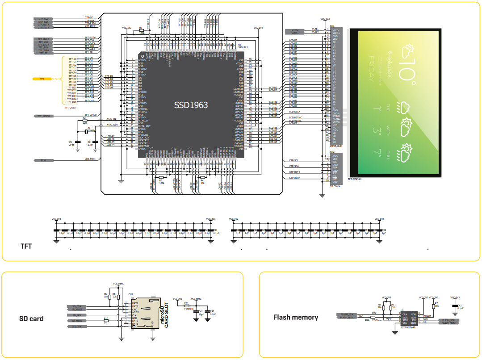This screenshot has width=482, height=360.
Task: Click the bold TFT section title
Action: pyautogui.click(x=26, y=246)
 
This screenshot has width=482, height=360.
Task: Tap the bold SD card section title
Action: pyautogui.click(x=31, y=318)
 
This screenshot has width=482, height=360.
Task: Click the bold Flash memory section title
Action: pyautogui.click(x=296, y=318)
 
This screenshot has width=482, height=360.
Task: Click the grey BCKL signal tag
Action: pyautogui.click(x=44, y=159)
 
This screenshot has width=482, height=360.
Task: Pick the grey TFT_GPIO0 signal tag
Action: pyautogui.click(x=44, y=116)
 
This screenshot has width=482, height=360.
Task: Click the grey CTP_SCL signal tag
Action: pyautogui.click(x=44, y=19)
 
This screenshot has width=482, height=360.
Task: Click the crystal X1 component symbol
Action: pyautogui.click(x=87, y=132)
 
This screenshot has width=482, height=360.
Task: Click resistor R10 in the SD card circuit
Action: pyautogui.click(x=106, y=321)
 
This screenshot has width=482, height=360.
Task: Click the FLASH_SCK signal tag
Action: pyautogui.click(x=448, y=320)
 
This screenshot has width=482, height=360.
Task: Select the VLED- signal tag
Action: pyautogui.click(x=295, y=30)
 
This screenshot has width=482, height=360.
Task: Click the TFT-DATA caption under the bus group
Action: pyautogui.click(x=70, y=108)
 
